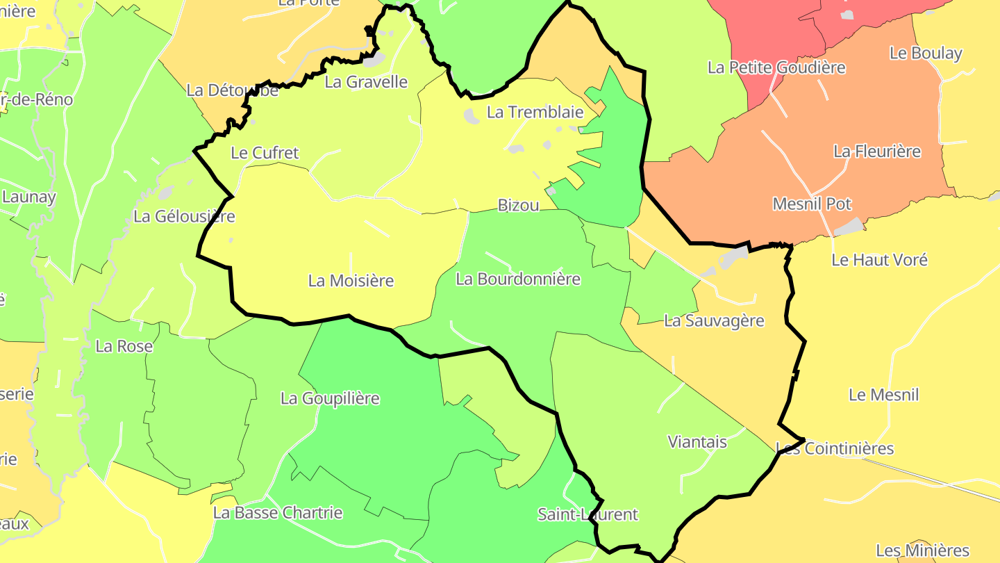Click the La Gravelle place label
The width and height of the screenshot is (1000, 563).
[x=366, y=82]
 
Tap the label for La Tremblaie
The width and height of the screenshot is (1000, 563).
[x=534, y=112]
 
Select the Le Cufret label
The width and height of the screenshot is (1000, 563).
[x=265, y=153]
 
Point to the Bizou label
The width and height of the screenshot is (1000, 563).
[x=518, y=205]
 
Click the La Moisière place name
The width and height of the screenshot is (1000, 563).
[x=351, y=281]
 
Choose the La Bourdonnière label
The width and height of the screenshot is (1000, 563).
[x=518, y=279]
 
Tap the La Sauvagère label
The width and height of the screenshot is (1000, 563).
[x=714, y=320]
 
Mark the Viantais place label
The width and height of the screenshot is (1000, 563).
[x=697, y=441]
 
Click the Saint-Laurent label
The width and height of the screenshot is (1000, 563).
[x=587, y=514]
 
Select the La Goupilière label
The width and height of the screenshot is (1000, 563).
[x=330, y=398]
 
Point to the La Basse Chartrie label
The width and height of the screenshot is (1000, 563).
[x=278, y=513]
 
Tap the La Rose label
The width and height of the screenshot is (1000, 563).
[x=124, y=346]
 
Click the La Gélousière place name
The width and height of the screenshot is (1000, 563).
[x=184, y=216]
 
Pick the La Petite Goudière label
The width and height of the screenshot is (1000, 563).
[x=776, y=67]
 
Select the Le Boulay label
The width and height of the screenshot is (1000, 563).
[x=926, y=53]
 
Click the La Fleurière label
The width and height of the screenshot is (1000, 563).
[x=877, y=151]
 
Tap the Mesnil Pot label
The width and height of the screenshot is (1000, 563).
[x=812, y=204]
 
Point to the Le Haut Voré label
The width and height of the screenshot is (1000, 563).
[x=879, y=260]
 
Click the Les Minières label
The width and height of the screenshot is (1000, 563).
[x=922, y=550]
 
